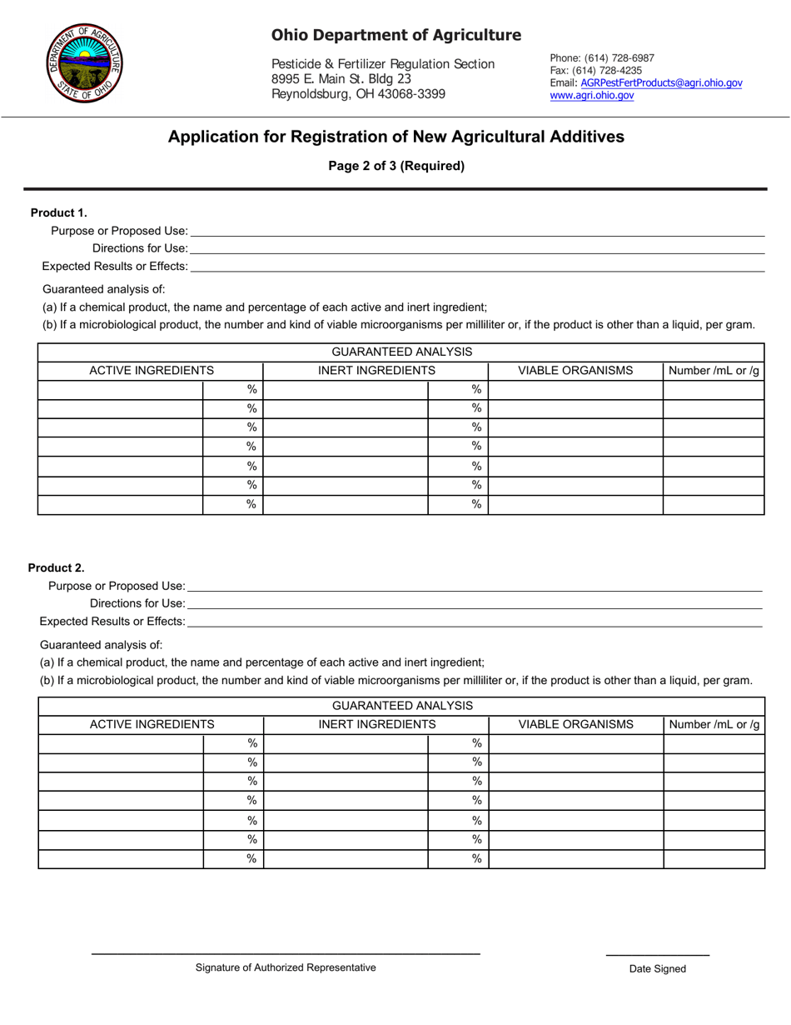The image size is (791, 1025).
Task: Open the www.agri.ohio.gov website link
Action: tap(591, 96)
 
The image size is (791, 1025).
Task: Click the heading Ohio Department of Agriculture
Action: tap(395, 35)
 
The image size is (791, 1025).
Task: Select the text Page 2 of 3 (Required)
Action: tap(396, 166)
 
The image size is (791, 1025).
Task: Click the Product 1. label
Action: tap(59, 212)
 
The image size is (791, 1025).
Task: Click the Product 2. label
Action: tap(57, 567)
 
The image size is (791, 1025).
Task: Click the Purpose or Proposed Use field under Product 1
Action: tap(476, 231)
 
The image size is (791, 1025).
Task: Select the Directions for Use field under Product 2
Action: tap(475, 603)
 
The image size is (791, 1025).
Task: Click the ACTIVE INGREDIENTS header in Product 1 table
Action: tap(152, 371)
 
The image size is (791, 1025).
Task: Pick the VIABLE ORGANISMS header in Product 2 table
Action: tap(575, 724)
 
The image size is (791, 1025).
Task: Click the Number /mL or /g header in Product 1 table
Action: tap(714, 371)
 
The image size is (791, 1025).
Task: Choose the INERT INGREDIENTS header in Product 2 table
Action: tap(377, 724)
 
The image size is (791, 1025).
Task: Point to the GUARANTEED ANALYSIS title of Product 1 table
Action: tap(401, 352)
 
